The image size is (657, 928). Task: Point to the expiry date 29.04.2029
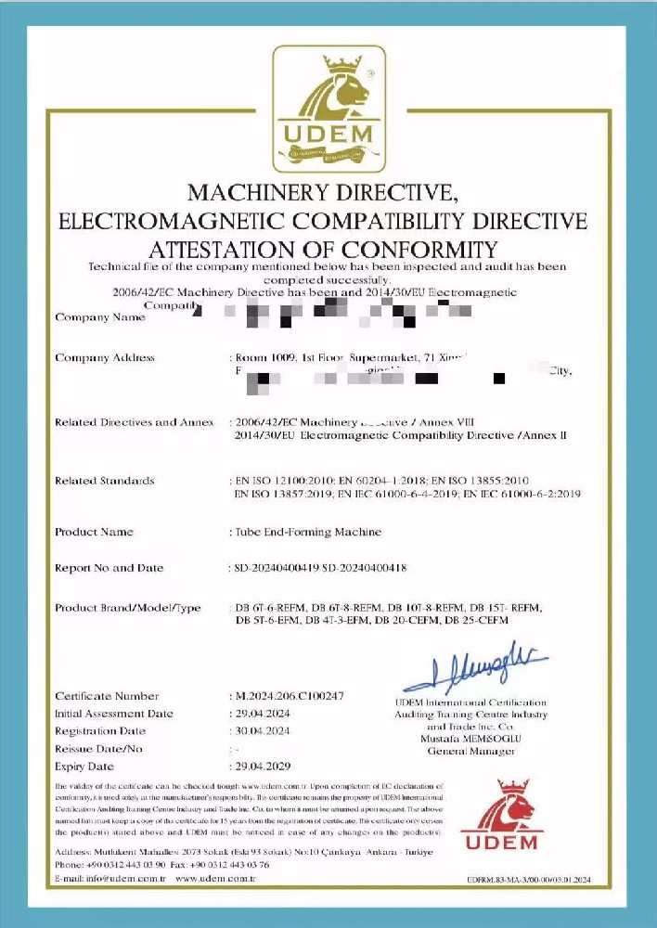[x=262, y=767]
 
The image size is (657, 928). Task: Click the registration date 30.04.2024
[x=262, y=731]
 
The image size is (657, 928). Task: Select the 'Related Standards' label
[x=105, y=481]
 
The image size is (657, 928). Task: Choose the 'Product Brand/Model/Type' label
[x=128, y=608]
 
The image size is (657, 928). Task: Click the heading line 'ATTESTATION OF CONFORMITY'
[x=322, y=249]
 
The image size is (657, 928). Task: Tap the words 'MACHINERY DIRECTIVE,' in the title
[x=322, y=193]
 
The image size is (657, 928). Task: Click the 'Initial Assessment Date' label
[x=114, y=714]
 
